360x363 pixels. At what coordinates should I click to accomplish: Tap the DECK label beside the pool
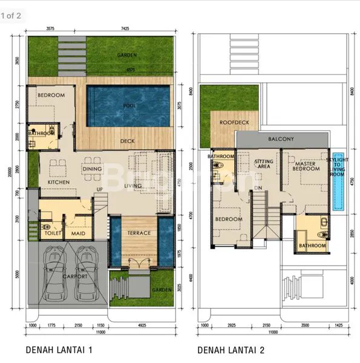(x=127, y=141)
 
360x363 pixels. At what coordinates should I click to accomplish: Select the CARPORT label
(x=74, y=276)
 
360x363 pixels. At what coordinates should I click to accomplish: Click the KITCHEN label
(x=54, y=182)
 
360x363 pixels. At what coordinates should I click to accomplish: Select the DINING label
(x=93, y=169)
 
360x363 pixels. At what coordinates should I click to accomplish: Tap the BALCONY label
(x=281, y=139)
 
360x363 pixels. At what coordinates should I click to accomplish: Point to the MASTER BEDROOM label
(x=306, y=165)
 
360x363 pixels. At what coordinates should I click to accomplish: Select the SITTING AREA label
(x=263, y=165)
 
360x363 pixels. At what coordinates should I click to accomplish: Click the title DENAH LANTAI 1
(x=59, y=350)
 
